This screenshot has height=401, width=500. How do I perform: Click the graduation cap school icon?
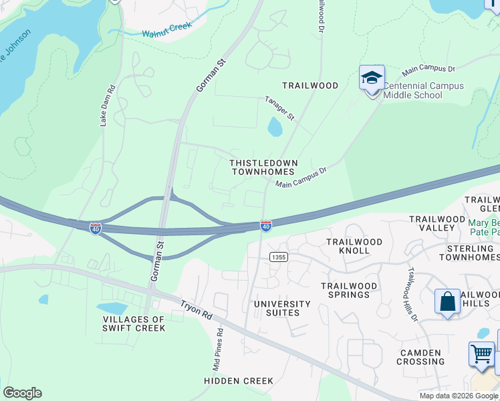coord(372,78)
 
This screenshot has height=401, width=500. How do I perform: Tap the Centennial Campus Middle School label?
coord(422,90)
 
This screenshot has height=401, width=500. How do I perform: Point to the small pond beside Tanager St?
coord(275,126)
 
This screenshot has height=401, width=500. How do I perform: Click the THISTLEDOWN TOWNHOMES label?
coord(263,167)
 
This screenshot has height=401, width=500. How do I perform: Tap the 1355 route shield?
coord(279,257)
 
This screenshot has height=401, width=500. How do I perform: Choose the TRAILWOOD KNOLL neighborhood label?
coord(354,246)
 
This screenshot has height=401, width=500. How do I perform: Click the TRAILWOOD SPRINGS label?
coord(349,290)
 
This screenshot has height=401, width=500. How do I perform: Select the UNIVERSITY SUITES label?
coord(282,308)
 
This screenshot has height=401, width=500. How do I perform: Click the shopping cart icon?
coord(481,354)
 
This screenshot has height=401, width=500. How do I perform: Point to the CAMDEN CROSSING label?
coord(420,357)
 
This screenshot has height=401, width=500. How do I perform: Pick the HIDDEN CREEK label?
coord(239,381)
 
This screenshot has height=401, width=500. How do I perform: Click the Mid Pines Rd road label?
coord(219,350)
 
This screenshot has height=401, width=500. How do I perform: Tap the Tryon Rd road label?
coord(196,314)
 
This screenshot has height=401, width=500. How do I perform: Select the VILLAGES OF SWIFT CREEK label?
coord(133,323)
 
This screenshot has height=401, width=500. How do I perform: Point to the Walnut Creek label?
coord(166,29)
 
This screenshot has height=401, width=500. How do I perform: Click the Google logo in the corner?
coord(22,393)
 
